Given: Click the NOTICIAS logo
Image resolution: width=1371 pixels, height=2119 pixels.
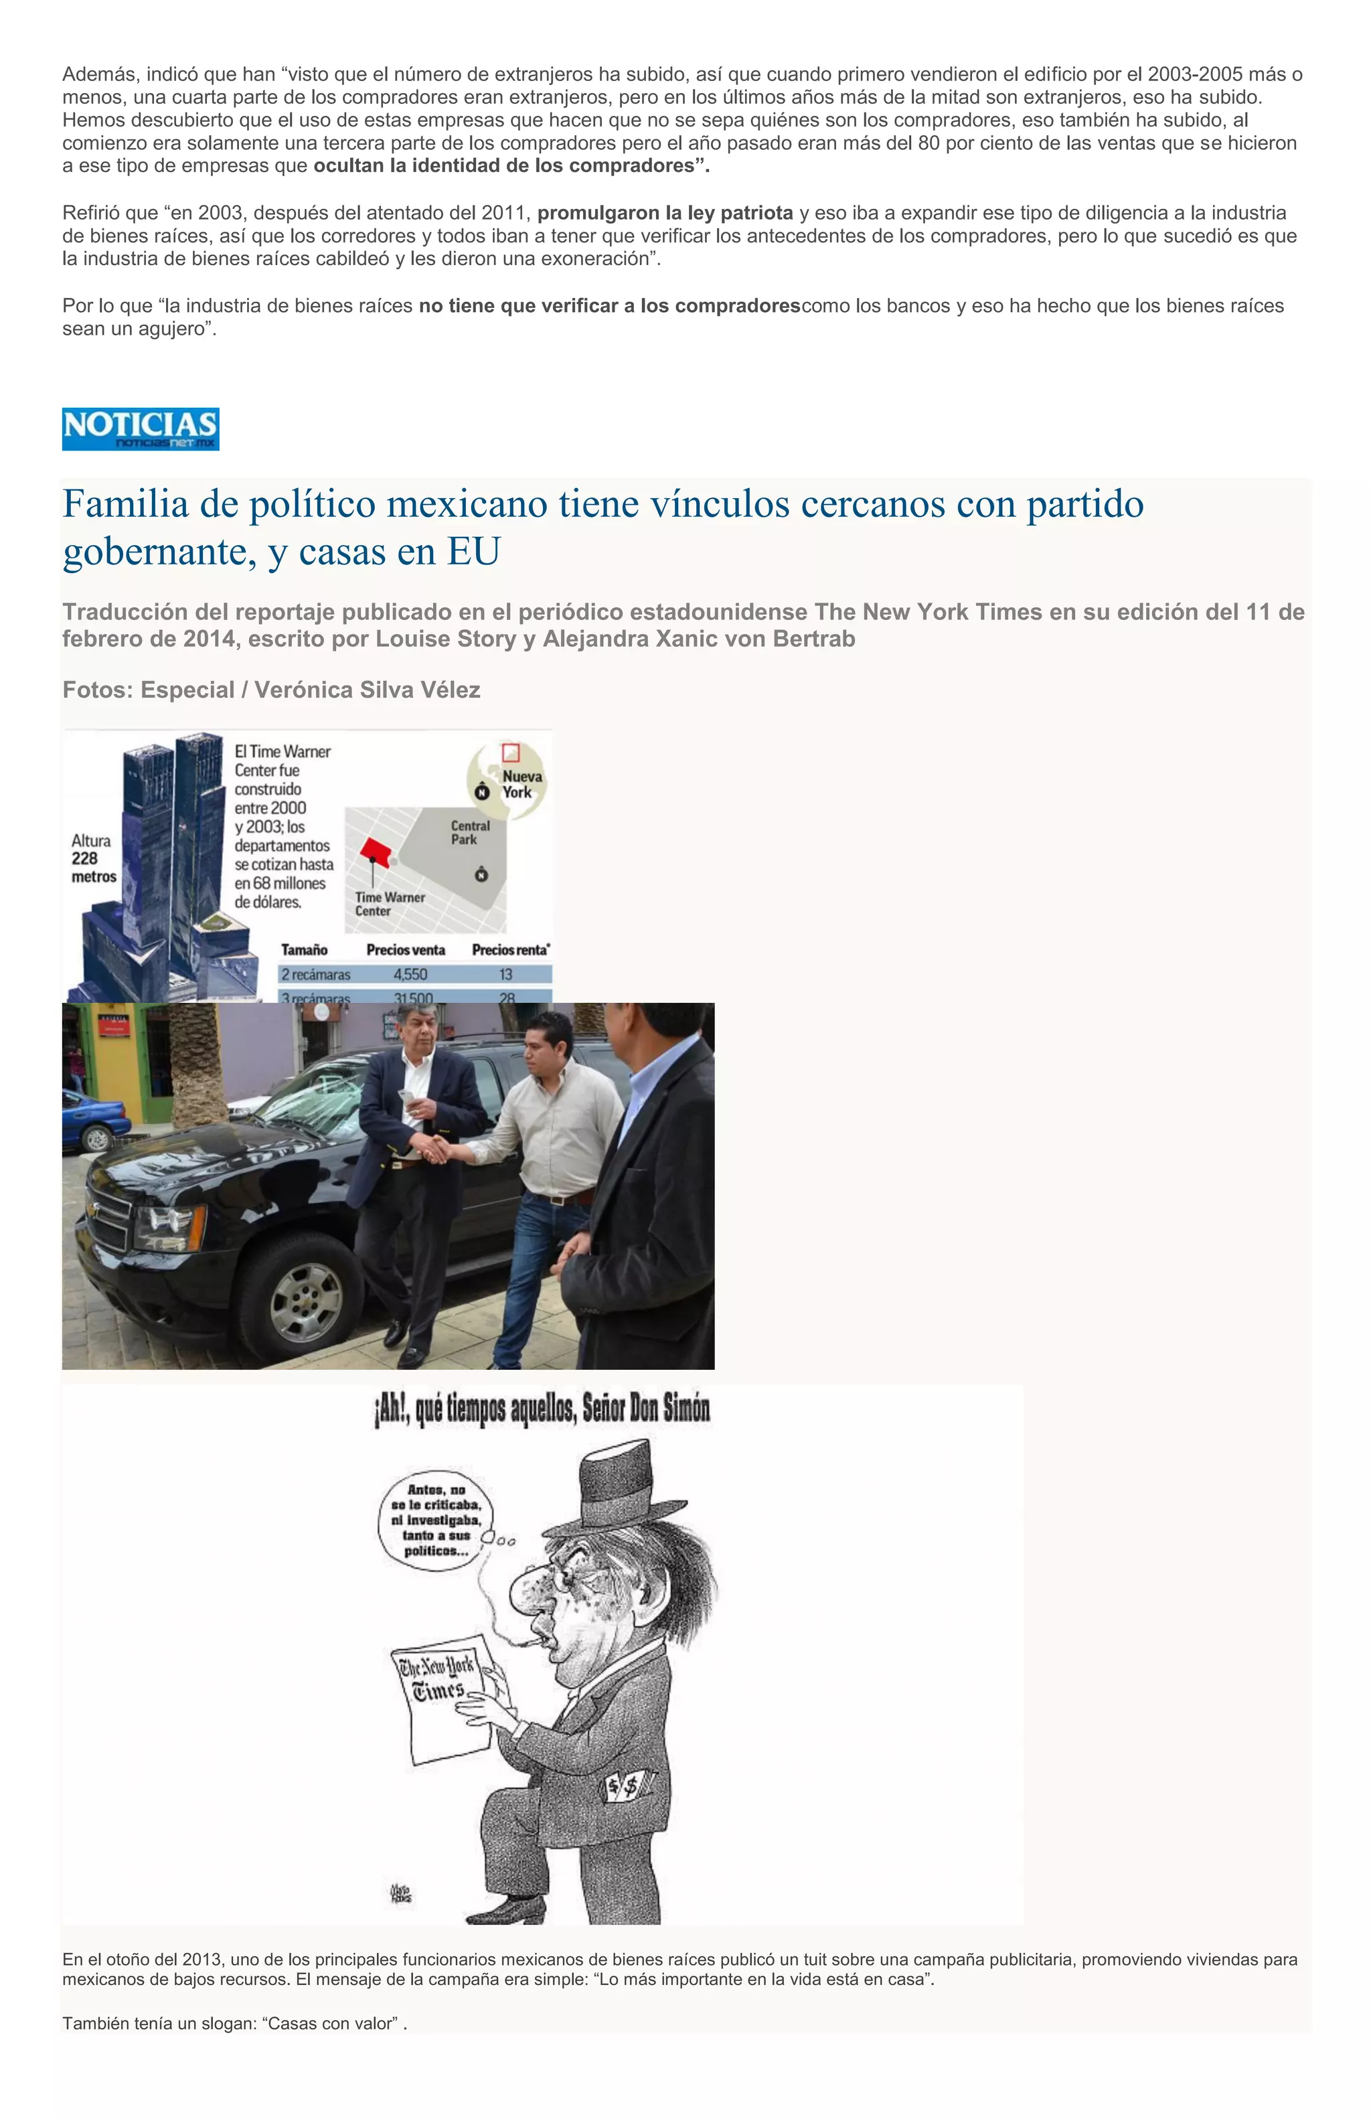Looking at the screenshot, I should pyautogui.click(x=141, y=428).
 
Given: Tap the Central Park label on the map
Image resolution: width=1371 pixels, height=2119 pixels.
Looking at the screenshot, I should pyautogui.click(x=469, y=832).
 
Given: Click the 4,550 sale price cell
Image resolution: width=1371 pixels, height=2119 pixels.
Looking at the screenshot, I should pyautogui.click(x=410, y=974).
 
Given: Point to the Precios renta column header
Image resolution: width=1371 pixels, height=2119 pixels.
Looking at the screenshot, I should pyautogui.click(x=510, y=950).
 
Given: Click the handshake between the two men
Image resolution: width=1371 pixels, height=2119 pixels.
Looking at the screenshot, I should pyautogui.click(x=435, y=1151).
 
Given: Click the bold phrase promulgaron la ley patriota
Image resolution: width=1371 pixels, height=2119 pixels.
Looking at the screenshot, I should pyautogui.click(x=664, y=213).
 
